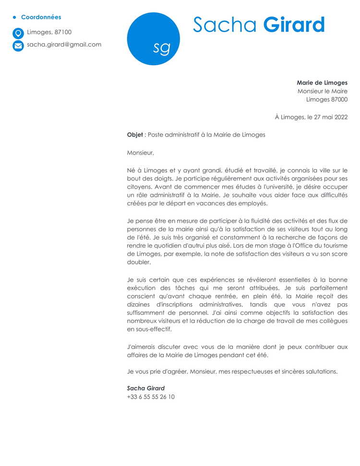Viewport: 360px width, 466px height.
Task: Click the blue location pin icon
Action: tap(18, 33)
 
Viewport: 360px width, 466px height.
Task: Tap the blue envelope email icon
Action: tap(18, 46)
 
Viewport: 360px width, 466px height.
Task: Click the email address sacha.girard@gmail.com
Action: tap(64, 45)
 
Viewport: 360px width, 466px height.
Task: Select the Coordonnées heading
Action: tap(41, 17)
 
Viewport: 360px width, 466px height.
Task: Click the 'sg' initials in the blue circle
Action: tap(161, 47)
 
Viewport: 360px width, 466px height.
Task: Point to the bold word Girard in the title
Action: tap(294, 24)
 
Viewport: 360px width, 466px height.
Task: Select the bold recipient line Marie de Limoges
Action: tap(322, 83)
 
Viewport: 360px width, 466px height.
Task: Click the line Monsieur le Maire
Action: tap(322, 91)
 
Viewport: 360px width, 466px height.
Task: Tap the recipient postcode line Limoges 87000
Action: tap(326, 100)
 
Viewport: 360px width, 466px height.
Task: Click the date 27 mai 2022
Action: tap(327, 117)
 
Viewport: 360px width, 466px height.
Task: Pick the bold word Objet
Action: tap(135, 135)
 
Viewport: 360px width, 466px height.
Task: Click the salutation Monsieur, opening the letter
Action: tap(140, 153)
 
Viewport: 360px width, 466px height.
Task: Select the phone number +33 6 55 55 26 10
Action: tap(151, 397)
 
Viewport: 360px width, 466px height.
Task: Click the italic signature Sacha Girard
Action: tap(145, 388)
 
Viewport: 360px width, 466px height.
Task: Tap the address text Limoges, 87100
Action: tap(49, 32)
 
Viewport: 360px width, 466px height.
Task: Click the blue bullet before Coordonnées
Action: tap(14, 17)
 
